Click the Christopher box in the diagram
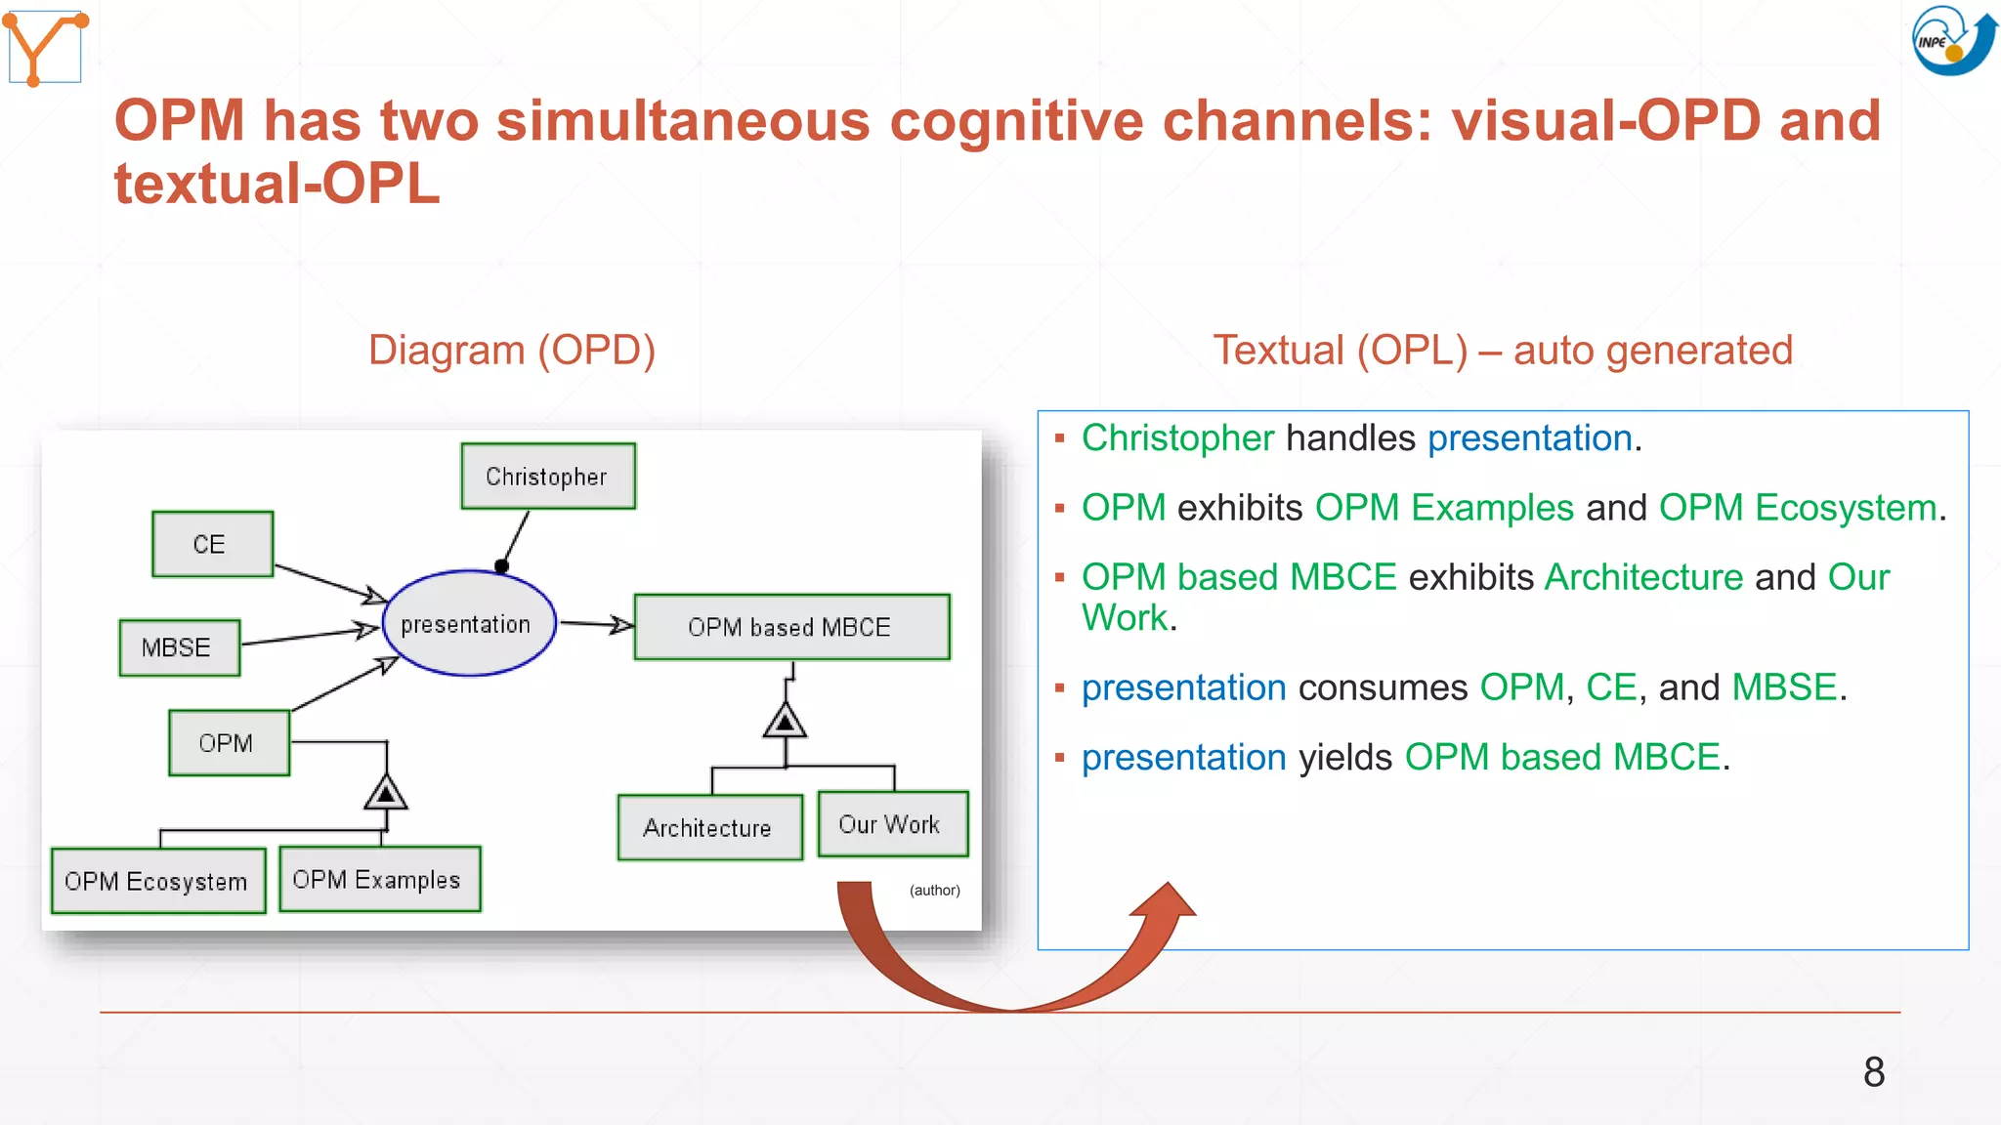click(x=548, y=477)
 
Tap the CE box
click(x=212, y=544)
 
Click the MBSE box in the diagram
click(x=179, y=647)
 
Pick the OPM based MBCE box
click(x=791, y=627)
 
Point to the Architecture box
click(x=709, y=828)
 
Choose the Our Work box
click(x=892, y=824)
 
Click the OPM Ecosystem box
click(x=158, y=881)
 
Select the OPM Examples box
click(x=379, y=879)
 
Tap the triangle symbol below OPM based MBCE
click(x=785, y=723)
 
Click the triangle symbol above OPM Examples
click(x=386, y=793)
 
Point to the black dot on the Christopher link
click(x=501, y=566)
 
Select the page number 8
click(x=1873, y=1072)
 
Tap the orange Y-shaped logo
click(x=45, y=47)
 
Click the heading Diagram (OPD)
click(x=511, y=351)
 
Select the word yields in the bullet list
click(x=1344, y=758)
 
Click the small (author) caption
click(x=934, y=891)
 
